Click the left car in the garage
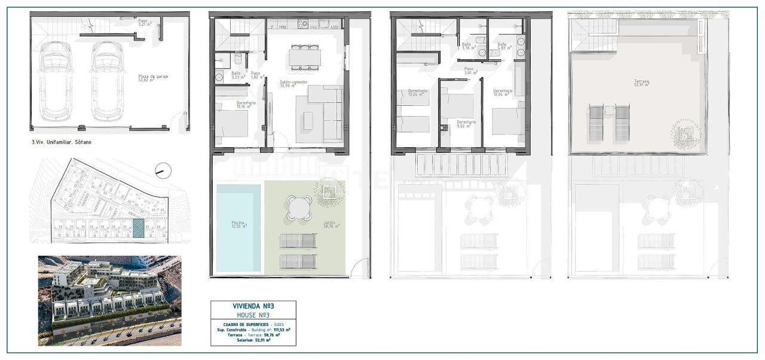pos(57,81)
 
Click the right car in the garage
pos(108,81)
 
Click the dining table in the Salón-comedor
pos(305,57)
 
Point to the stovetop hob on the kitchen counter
pos(302,25)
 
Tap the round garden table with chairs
pos(299,208)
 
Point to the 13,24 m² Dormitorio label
pos(418,93)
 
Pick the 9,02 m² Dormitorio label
pos(466,124)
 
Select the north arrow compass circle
pos(163,171)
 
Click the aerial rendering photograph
pos(109,300)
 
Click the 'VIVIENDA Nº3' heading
pos(253,306)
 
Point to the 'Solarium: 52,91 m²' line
pos(253,341)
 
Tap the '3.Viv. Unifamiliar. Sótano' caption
pos(60,142)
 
